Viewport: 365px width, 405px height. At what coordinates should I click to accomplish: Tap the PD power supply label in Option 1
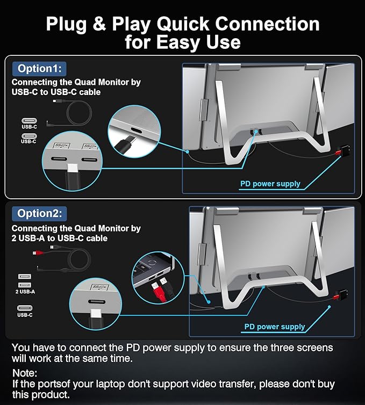[270, 184]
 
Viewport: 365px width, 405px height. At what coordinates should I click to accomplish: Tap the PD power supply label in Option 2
[275, 327]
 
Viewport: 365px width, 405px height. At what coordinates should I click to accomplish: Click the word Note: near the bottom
[24, 372]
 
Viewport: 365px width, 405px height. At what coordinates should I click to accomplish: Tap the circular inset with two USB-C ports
[73, 159]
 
